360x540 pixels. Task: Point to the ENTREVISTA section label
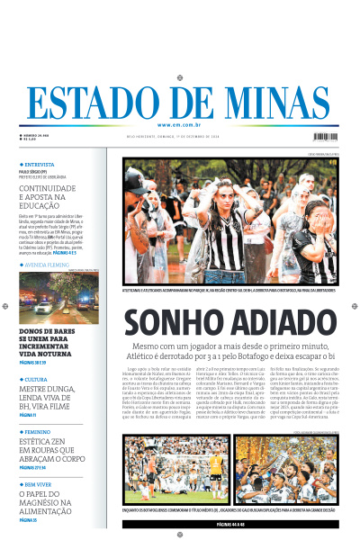40,166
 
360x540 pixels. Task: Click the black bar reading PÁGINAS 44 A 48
229,523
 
